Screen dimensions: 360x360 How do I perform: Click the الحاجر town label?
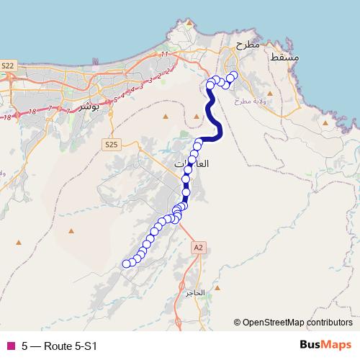click(x=195, y=293)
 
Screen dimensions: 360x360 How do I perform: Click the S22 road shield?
click(x=8, y=66)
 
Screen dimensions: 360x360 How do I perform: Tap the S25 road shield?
click(x=110, y=144)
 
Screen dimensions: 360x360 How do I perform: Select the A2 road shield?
click(x=199, y=247)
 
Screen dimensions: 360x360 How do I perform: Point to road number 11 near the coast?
click(x=164, y=54)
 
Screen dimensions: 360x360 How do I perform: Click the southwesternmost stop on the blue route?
click(x=127, y=264)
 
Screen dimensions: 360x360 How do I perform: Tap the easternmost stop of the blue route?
click(x=233, y=74)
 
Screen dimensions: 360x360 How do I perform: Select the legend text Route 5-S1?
click(x=70, y=346)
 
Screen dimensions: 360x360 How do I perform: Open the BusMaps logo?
click(x=325, y=345)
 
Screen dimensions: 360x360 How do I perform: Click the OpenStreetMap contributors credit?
click(x=297, y=323)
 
